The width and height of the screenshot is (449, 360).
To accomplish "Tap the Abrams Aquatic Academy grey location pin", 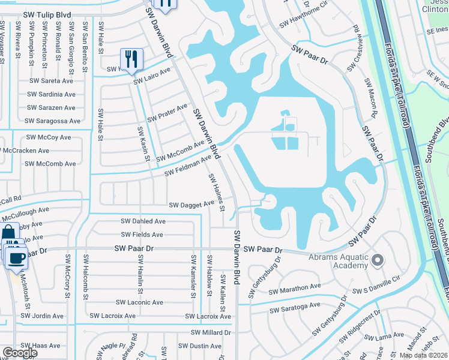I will point(377,260).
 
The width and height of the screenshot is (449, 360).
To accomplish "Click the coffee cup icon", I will point(17,257).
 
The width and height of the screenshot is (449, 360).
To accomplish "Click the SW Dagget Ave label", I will point(191,205).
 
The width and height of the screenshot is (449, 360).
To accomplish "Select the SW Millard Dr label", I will point(211,332).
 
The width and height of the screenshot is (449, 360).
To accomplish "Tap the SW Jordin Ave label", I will point(42,316).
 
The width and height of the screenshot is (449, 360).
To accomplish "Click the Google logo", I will point(20,352).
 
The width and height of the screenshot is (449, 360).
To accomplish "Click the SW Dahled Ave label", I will point(143,221).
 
